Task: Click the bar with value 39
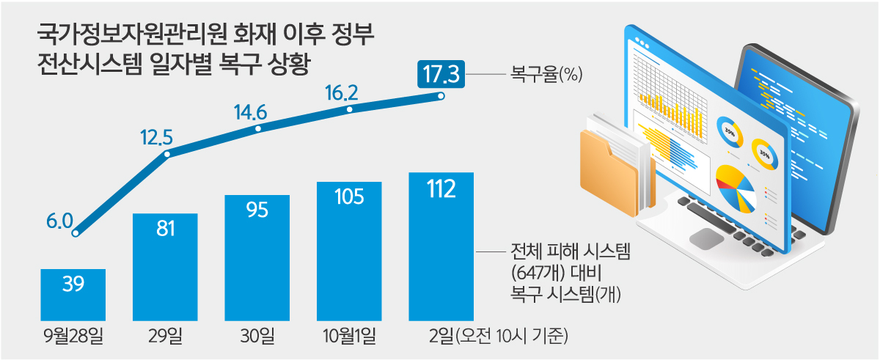(73, 294)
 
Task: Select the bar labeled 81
(165, 267)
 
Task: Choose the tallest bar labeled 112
(441, 246)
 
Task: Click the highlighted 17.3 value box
(441, 74)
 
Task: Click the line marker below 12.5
(167, 155)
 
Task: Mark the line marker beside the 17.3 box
(441, 96)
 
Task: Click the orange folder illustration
(605, 172)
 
